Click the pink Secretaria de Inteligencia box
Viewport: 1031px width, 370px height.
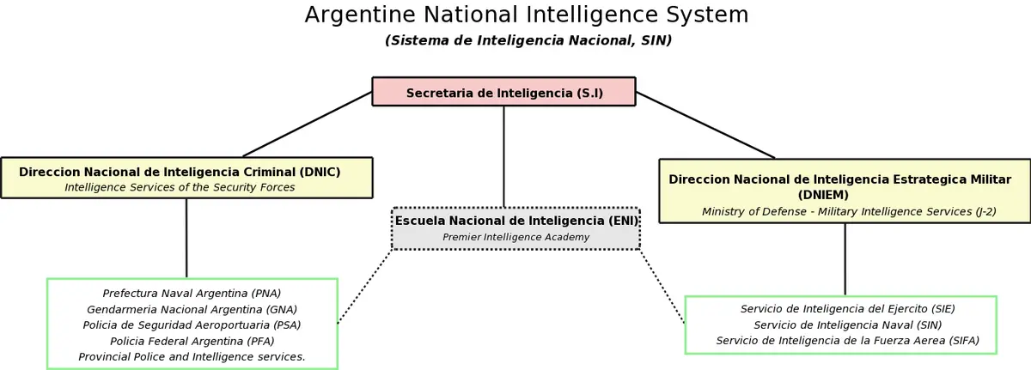[503, 92]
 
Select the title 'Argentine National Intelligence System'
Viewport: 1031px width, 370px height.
[527, 15]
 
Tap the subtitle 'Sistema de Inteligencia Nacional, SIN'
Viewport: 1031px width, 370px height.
[528, 40]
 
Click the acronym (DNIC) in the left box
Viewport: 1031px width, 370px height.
[320, 172]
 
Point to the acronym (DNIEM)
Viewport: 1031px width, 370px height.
[823, 195]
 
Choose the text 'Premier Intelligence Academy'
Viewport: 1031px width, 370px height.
[515, 237]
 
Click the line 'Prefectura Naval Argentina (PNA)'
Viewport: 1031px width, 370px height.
[192, 294]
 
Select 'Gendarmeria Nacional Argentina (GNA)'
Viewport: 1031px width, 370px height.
[192, 309]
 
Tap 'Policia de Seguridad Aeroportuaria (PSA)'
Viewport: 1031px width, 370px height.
[192, 325]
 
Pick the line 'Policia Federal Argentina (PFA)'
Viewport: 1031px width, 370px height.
[192, 341]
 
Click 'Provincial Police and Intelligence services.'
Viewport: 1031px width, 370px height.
[192, 356]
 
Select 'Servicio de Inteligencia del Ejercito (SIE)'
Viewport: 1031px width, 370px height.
[847, 309]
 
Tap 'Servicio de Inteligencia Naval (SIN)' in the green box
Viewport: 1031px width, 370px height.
[847, 325]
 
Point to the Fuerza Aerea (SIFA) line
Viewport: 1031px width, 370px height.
[847, 341]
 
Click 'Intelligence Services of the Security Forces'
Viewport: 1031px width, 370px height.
[180, 187]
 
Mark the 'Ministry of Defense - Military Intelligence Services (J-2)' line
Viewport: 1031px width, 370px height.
[849, 211]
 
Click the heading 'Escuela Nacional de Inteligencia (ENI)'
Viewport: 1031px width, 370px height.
[516, 221]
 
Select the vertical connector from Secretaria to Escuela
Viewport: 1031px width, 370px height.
[503, 157]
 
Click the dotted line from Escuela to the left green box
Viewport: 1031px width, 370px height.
[364, 287]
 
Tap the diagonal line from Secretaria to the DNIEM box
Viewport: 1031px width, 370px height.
[705, 125]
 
